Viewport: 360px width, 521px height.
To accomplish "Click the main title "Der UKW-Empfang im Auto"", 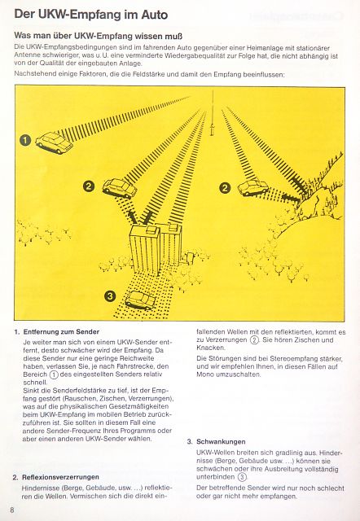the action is pyautogui.click(x=90, y=15).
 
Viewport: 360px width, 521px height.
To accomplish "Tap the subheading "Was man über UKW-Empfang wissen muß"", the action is pyautogui.click(x=98, y=36).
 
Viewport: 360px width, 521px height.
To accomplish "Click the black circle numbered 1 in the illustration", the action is pyautogui.click(x=25, y=140).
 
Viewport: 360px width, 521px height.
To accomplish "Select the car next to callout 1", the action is pyautogui.click(x=55, y=143).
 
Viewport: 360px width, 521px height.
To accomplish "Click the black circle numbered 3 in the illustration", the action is pyautogui.click(x=110, y=296).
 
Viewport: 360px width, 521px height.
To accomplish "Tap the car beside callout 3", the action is pyautogui.click(x=140, y=300).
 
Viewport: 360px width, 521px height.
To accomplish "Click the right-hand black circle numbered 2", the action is pyautogui.click(x=225, y=188).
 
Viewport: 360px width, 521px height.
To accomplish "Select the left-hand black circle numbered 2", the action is pyautogui.click(x=89, y=186).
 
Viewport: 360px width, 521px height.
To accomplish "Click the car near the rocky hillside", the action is pyautogui.click(x=253, y=187).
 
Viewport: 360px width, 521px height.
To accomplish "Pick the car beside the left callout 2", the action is pyautogui.click(x=120, y=188).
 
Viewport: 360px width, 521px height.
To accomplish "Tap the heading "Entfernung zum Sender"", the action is pyautogui.click(x=62, y=331).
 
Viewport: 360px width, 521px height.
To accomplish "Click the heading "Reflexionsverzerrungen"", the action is pyautogui.click(x=60, y=477).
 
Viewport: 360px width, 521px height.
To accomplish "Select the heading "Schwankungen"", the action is pyautogui.click(x=221, y=441).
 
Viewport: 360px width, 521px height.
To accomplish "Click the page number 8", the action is pyautogui.click(x=12, y=510).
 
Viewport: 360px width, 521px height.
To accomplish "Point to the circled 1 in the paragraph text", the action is pyautogui.click(x=54, y=374).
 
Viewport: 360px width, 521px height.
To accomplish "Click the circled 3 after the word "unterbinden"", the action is pyautogui.click(x=243, y=477).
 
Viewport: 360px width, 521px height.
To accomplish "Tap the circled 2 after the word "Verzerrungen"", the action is pyautogui.click(x=254, y=340).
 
